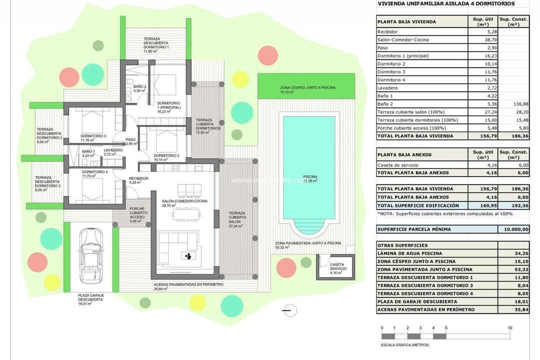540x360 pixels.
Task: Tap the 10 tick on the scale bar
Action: [x=509, y=328]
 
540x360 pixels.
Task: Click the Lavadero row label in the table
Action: [x=389, y=87]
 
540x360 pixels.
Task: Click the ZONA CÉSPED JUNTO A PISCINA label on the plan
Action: [x=307, y=87]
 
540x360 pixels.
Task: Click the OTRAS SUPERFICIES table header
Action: [x=402, y=245]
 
